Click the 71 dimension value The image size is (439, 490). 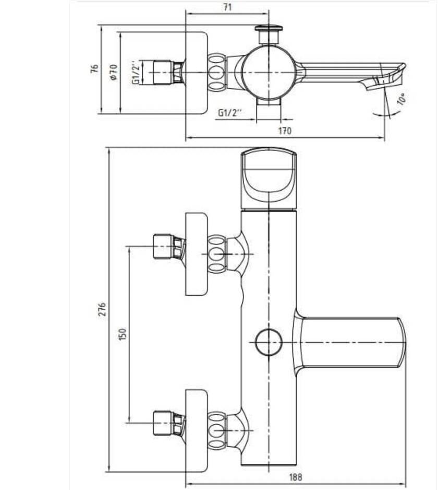[228, 7]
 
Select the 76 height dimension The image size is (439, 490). [94, 68]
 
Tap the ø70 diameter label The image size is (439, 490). [114, 72]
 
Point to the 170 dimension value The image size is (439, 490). [285, 131]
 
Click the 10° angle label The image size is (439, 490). [402, 99]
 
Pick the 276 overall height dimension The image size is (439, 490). [102, 309]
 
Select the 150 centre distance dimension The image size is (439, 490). [123, 334]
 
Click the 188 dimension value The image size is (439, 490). [296, 477]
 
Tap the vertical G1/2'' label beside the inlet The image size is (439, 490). [136, 73]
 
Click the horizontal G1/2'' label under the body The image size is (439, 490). [230, 112]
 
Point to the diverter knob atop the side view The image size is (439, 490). [269, 34]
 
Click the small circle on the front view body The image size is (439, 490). [269, 342]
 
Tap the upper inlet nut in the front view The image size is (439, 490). [169, 246]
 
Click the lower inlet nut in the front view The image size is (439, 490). [169, 423]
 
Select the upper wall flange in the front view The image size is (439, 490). [197, 254]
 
